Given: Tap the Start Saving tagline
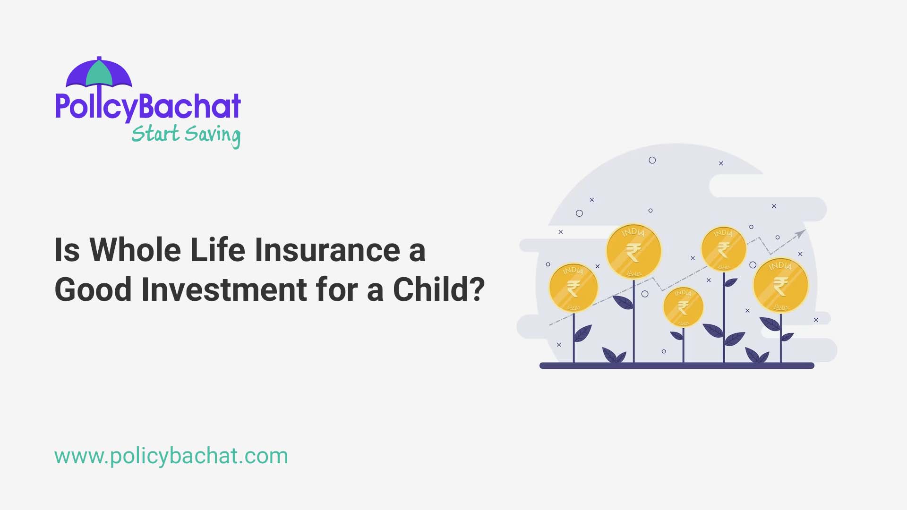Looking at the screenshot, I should (186, 135).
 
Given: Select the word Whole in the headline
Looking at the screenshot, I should (135, 250).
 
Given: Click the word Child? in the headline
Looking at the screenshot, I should (438, 289).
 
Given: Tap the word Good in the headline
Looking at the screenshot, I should (93, 289).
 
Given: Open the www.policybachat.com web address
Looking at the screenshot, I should (171, 456).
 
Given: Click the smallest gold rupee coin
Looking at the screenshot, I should (683, 307).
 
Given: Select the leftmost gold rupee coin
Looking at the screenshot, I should (573, 288).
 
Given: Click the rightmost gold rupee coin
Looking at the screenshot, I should (780, 285).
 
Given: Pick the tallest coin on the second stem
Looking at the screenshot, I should (633, 251).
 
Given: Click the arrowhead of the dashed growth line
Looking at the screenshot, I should (800, 234).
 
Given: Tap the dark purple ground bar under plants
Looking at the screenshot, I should (676, 365).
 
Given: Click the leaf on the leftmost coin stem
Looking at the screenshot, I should (582, 333).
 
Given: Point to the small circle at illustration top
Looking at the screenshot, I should (652, 160).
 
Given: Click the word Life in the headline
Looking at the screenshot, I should (217, 250).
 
